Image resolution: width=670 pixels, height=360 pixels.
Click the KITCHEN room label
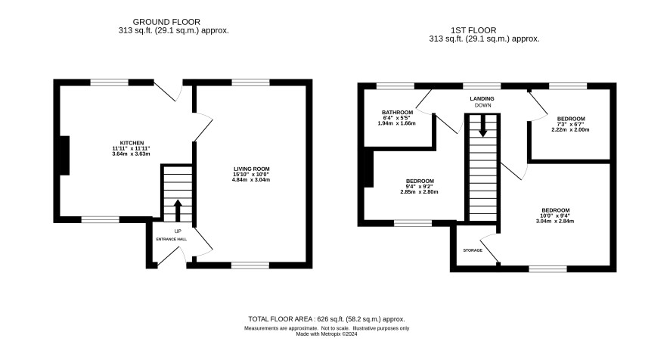point(132,143)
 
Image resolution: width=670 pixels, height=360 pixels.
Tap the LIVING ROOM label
point(252,169)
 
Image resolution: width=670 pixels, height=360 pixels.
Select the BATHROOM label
point(397,113)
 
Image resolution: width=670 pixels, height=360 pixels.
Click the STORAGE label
point(473,250)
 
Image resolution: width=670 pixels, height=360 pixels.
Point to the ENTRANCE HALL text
point(172,239)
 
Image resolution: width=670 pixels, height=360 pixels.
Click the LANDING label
point(482,99)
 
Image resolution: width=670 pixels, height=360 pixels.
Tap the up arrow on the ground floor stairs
point(178,210)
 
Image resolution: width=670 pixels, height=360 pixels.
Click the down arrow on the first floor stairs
point(482,126)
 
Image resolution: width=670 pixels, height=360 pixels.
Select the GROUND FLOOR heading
point(166,22)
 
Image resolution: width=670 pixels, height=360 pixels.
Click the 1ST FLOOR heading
point(473,30)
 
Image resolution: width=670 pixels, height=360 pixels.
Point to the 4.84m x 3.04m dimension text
point(251,180)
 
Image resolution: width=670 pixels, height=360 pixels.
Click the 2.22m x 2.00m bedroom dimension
point(570,129)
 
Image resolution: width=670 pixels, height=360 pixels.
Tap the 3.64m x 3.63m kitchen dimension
point(131,154)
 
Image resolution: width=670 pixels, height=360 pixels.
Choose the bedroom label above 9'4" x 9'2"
point(420,182)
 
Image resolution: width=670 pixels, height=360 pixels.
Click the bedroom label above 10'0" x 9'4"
point(556,210)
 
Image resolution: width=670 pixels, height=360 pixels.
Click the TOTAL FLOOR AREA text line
point(327,319)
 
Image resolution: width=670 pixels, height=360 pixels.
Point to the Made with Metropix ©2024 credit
point(327,334)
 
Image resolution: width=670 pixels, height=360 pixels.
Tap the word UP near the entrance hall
point(178,231)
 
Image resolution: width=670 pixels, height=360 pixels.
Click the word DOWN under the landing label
point(483,105)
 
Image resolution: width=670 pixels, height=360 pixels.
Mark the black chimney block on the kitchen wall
point(64,156)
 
